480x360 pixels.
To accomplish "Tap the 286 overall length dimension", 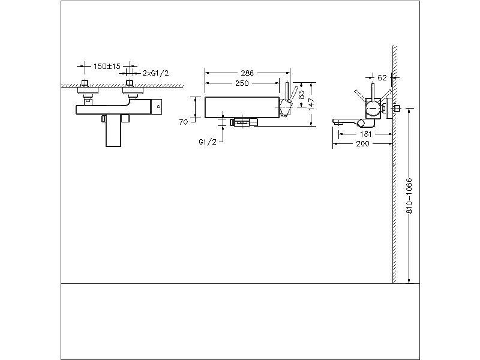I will pyautogui.click(x=247, y=73).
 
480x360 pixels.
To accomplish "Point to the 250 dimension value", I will pyautogui.click(x=242, y=83).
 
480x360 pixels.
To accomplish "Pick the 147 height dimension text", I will pyautogui.click(x=313, y=103).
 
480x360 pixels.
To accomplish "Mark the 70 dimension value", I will pyautogui.click(x=184, y=122).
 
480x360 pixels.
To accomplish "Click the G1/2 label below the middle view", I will pyautogui.click(x=208, y=143).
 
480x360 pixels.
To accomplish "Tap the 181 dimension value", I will pyautogui.click(x=365, y=134).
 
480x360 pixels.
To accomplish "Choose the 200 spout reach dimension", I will pyautogui.click(x=362, y=145).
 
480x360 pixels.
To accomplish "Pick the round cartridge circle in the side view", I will pyautogui.click(x=373, y=108).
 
